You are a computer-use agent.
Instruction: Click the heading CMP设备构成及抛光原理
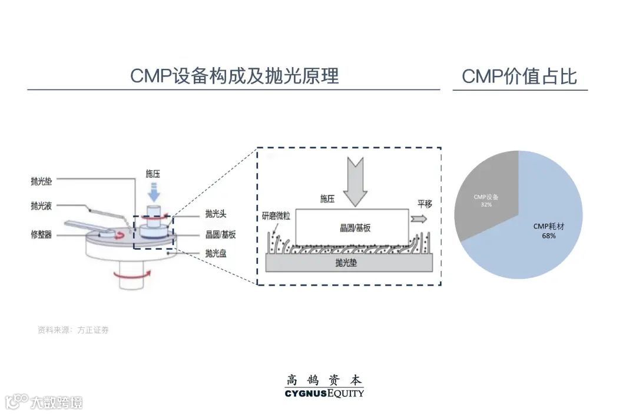234,76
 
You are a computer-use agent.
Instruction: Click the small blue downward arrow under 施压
153,192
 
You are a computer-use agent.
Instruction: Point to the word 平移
425,204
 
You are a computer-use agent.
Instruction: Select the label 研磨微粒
277,216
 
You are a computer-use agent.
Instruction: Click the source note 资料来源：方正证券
73,330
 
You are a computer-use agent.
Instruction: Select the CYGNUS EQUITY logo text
324,393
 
